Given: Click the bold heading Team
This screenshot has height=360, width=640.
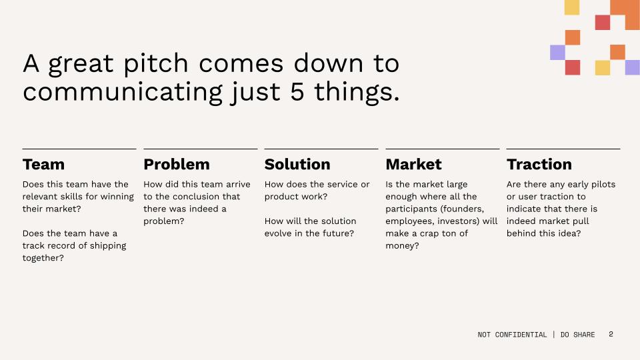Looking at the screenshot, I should pos(43,165).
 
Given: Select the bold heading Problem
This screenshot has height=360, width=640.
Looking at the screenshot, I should pos(176,165).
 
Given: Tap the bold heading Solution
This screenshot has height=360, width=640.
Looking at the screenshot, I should pos(297,165).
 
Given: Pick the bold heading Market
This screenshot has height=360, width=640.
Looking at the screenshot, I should pos(413,165).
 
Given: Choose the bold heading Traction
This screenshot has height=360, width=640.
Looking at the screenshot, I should pos(539,165).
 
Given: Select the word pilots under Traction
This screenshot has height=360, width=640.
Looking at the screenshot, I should pos(601,185).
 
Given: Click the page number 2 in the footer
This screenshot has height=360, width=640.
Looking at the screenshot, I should pos(611,334).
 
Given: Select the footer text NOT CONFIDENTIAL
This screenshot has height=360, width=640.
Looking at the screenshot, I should pos(512,335).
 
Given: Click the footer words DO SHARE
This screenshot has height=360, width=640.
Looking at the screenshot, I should pos(577,335).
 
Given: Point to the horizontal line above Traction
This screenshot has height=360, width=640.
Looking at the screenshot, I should pos(563,149).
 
